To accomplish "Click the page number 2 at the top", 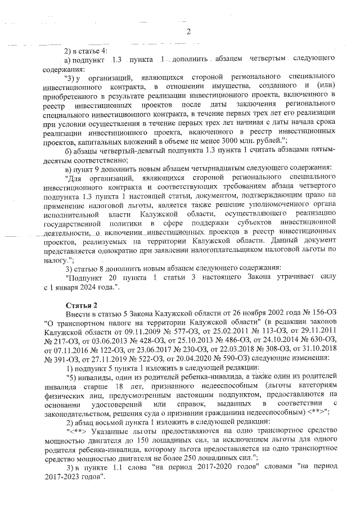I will point(189,30).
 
